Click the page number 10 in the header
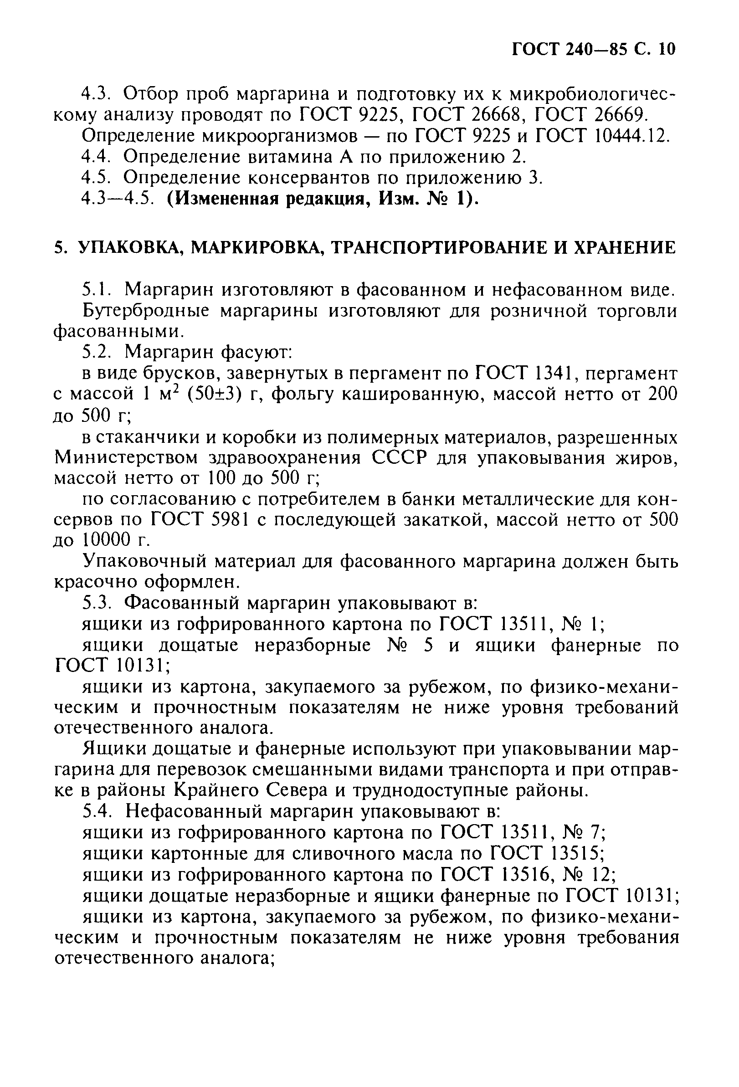pos(666,49)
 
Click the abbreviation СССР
pos(400,457)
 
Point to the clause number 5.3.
pos(96,603)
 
